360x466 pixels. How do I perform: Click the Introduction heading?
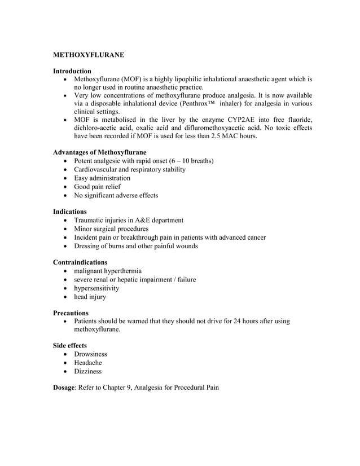click(72, 71)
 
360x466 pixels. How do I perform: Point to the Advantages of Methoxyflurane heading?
click(99, 152)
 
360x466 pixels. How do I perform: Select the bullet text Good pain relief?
click(97, 187)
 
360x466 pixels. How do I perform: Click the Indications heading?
click(69, 212)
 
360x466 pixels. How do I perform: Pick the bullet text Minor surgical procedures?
click(111, 229)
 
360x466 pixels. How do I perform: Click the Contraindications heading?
click(80, 262)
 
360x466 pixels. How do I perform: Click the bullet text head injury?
click(90, 297)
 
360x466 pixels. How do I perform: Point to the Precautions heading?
click(71, 313)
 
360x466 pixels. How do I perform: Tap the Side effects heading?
click(70, 345)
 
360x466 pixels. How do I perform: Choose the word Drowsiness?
click(90, 354)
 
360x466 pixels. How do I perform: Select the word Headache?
click(88, 363)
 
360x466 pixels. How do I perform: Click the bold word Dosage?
click(65, 388)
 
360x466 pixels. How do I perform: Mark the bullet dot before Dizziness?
click(68, 372)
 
